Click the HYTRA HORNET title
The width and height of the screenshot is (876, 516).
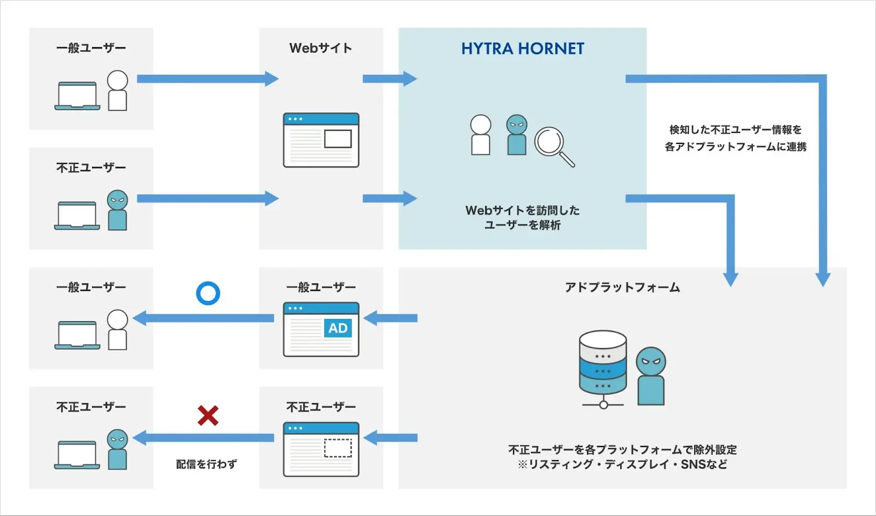[x=522, y=49]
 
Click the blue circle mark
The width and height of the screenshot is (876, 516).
[x=208, y=293]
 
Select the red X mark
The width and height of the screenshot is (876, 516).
[x=208, y=416]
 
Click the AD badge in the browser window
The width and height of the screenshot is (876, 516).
[x=338, y=328]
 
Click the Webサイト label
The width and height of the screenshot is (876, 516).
[x=321, y=48]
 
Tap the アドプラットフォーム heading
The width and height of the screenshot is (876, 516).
[x=623, y=287]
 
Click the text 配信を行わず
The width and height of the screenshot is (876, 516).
[x=206, y=464]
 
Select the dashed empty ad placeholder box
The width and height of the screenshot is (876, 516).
[x=338, y=448]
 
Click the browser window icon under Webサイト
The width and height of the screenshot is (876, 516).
[x=321, y=140]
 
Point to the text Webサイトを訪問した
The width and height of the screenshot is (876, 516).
[x=522, y=210]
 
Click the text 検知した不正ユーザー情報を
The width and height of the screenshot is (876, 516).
[x=735, y=130]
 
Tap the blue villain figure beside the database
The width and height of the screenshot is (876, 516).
[x=650, y=376]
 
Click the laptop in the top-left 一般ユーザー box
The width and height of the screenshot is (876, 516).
[x=77, y=96]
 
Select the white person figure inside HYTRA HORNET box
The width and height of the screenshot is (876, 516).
[x=480, y=135]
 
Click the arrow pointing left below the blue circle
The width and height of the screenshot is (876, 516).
[x=204, y=318]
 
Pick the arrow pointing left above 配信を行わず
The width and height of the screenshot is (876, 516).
[x=204, y=438]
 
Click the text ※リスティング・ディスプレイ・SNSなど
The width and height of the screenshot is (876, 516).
[x=623, y=465]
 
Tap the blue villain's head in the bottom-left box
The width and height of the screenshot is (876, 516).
[x=117, y=439]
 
